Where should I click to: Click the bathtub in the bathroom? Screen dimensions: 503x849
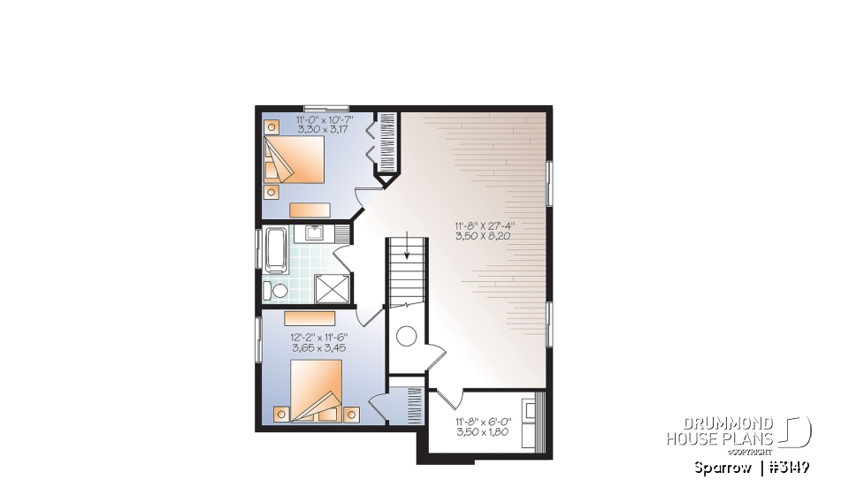point(274,249)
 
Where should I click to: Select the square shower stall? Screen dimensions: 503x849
point(332,286)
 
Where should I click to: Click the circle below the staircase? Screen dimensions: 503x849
point(407,336)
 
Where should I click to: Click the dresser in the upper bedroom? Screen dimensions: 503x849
point(310,209)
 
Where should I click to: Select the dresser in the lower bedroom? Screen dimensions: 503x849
point(310,319)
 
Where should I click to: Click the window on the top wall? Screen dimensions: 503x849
point(325,108)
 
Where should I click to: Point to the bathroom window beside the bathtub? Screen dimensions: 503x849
point(258,249)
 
